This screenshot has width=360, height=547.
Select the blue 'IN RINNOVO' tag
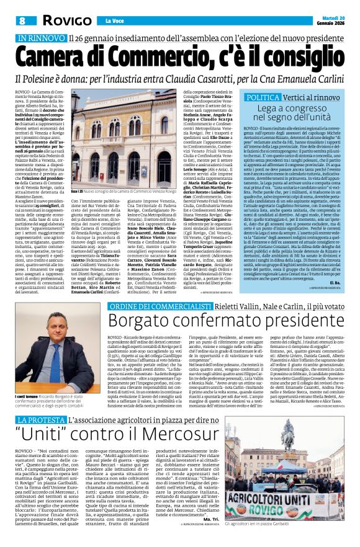42,38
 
